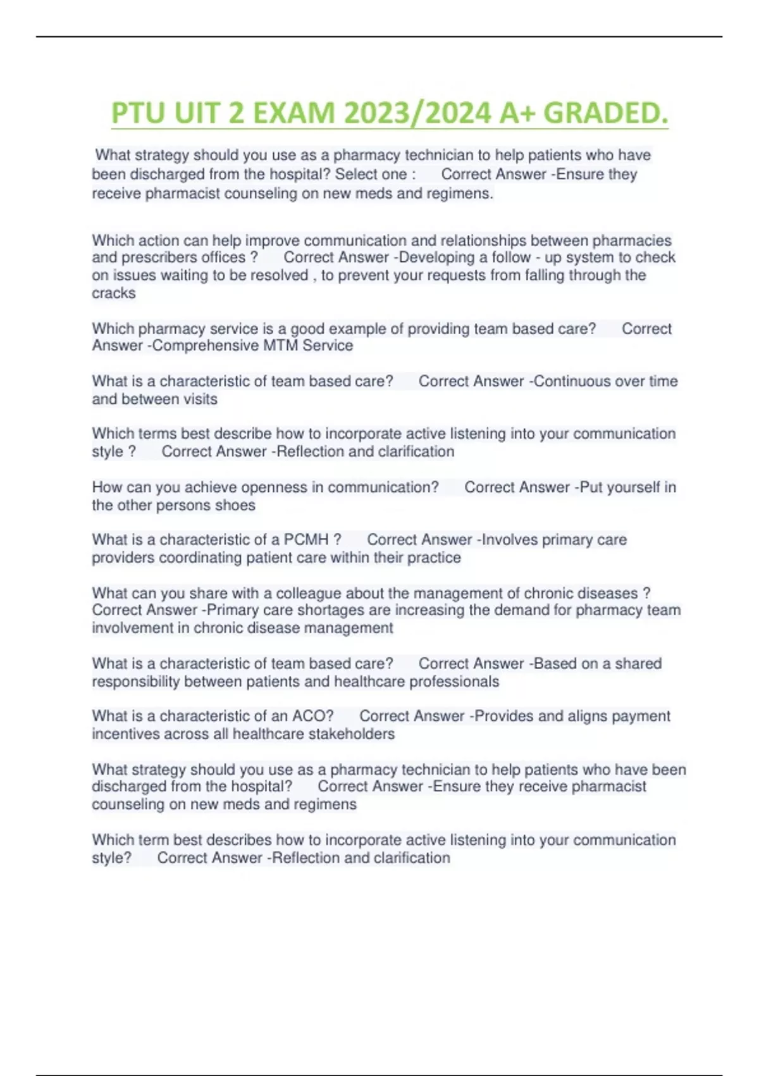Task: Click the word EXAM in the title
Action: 293,114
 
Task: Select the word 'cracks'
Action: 114,293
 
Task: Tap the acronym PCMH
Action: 306,540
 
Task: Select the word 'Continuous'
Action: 569,381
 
